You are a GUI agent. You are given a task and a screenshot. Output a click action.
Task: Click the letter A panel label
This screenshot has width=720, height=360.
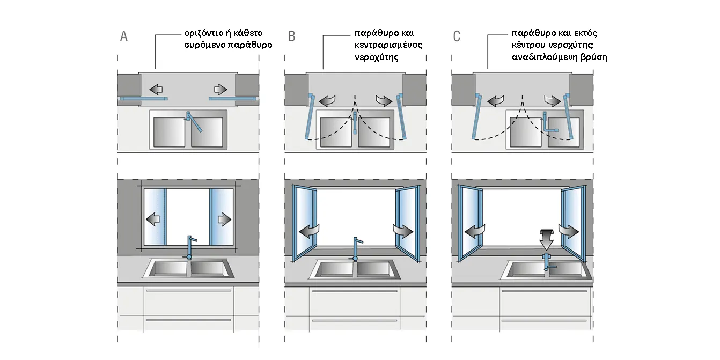pos(124,36)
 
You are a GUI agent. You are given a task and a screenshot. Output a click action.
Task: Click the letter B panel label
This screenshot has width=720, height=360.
pos(292,36)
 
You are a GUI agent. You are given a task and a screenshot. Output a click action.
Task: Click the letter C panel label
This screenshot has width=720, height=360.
pos(457,36)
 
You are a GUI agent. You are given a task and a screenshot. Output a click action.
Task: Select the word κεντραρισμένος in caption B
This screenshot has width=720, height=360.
pos(388,45)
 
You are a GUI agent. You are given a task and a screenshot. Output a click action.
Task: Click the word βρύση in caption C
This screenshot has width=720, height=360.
pos(595,56)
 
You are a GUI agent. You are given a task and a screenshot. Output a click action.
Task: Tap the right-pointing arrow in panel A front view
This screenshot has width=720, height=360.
pos(224,219)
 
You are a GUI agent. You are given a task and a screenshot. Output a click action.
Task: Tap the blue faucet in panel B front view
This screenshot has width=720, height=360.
pos(355,247)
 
